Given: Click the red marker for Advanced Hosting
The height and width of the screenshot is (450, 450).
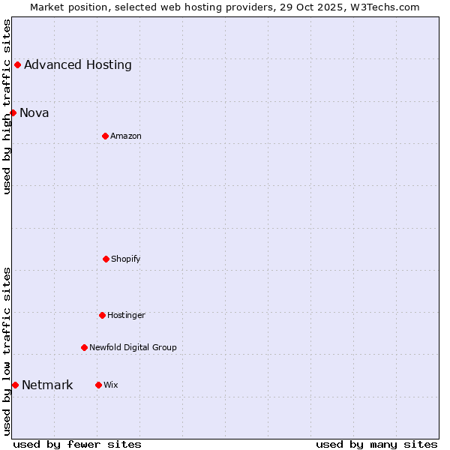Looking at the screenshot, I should click(x=17, y=64).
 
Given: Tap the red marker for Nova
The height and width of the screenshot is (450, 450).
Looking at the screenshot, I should click(x=13, y=112).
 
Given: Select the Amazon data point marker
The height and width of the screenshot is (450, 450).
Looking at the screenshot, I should click(x=105, y=136).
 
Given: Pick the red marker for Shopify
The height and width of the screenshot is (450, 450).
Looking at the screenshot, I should click(x=106, y=259).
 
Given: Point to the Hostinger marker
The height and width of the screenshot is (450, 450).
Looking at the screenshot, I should click(x=102, y=315).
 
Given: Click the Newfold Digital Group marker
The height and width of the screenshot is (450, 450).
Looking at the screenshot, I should click(x=84, y=347).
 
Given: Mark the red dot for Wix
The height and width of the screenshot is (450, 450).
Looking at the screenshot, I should click(x=98, y=385).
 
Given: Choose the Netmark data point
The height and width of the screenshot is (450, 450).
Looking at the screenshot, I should click(x=15, y=385).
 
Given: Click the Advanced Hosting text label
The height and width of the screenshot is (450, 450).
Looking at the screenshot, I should click(x=78, y=64).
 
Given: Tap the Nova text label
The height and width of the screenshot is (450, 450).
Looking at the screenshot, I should click(x=34, y=112).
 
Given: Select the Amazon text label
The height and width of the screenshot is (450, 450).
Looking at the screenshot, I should click(x=126, y=136).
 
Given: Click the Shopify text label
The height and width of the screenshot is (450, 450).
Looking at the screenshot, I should click(x=126, y=259).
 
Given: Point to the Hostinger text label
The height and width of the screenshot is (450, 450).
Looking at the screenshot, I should click(x=126, y=315).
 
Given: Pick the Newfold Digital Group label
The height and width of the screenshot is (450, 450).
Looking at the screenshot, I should click(x=133, y=347).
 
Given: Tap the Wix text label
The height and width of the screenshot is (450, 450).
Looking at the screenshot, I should click(x=111, y=385).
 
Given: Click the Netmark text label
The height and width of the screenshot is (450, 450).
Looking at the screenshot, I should click(x=47, y=385).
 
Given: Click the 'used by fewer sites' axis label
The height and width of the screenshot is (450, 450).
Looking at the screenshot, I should click(x=77, y=444).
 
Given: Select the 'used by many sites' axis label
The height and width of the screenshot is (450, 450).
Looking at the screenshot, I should click(x=376, y=444).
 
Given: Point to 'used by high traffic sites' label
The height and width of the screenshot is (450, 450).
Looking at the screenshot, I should click(x=7, y=106).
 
